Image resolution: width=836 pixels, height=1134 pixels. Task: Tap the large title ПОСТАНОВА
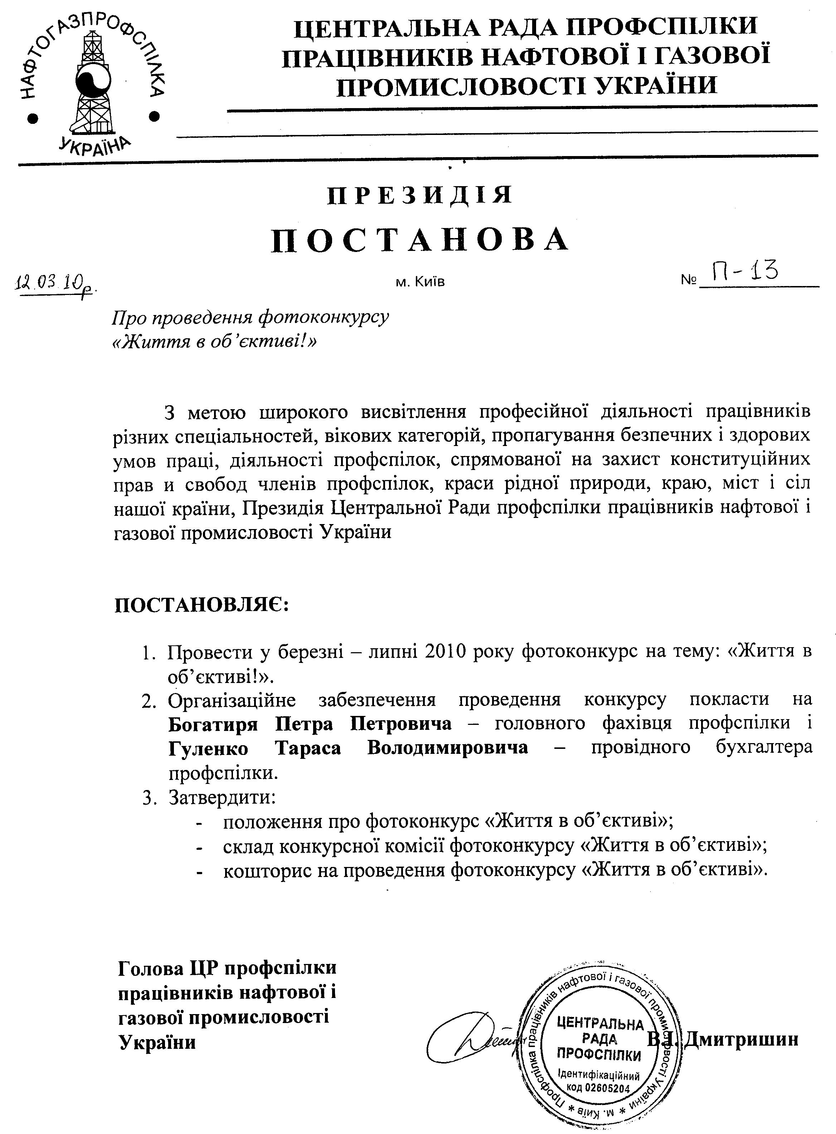pyautogui.click(x=420, y=240)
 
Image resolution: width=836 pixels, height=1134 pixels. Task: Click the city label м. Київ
pyautogui.click(x=420, y=282)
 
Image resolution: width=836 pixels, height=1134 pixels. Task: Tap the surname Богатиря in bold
pyautogui.click(x=213, y=724)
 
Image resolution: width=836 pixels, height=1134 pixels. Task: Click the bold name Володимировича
pyautogui.click(x=447, y=747)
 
